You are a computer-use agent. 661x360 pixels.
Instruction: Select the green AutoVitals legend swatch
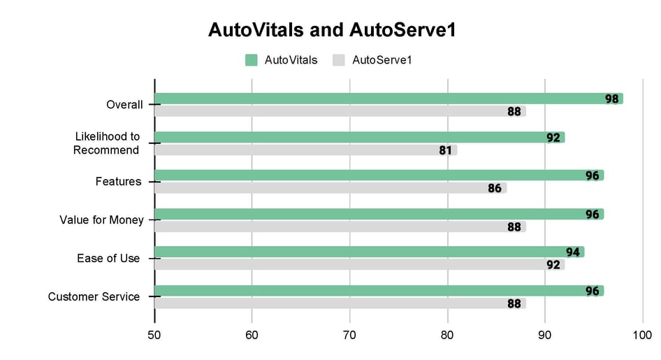(252, 60)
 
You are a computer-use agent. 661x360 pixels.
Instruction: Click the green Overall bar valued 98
(388, 99)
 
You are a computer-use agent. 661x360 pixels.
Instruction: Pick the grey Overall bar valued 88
(340, 111)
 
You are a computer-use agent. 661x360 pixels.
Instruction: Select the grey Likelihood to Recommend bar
(305, 150)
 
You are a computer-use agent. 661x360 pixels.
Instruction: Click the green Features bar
(379, 175)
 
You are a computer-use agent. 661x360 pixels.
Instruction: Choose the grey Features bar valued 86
(330, 188)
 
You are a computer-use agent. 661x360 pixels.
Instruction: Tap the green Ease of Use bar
(369, 252)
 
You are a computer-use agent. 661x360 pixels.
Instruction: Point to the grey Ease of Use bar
(359, 264)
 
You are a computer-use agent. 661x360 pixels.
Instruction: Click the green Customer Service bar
(379, 290)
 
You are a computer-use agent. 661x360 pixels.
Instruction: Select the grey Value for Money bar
(340, 226)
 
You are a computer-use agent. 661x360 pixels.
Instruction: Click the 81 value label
(446, 150)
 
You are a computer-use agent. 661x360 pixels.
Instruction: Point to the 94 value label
(573, 252)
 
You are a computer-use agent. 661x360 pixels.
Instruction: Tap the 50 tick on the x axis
(154, 336)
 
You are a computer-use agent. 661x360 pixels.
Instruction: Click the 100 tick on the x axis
(642, 336)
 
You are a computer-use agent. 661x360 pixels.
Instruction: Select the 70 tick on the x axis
(349, 336)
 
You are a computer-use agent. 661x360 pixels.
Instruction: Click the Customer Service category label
(94, 296)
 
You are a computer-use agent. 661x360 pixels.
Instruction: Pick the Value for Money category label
(101, 219)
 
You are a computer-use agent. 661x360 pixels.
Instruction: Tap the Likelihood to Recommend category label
(107, 143)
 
